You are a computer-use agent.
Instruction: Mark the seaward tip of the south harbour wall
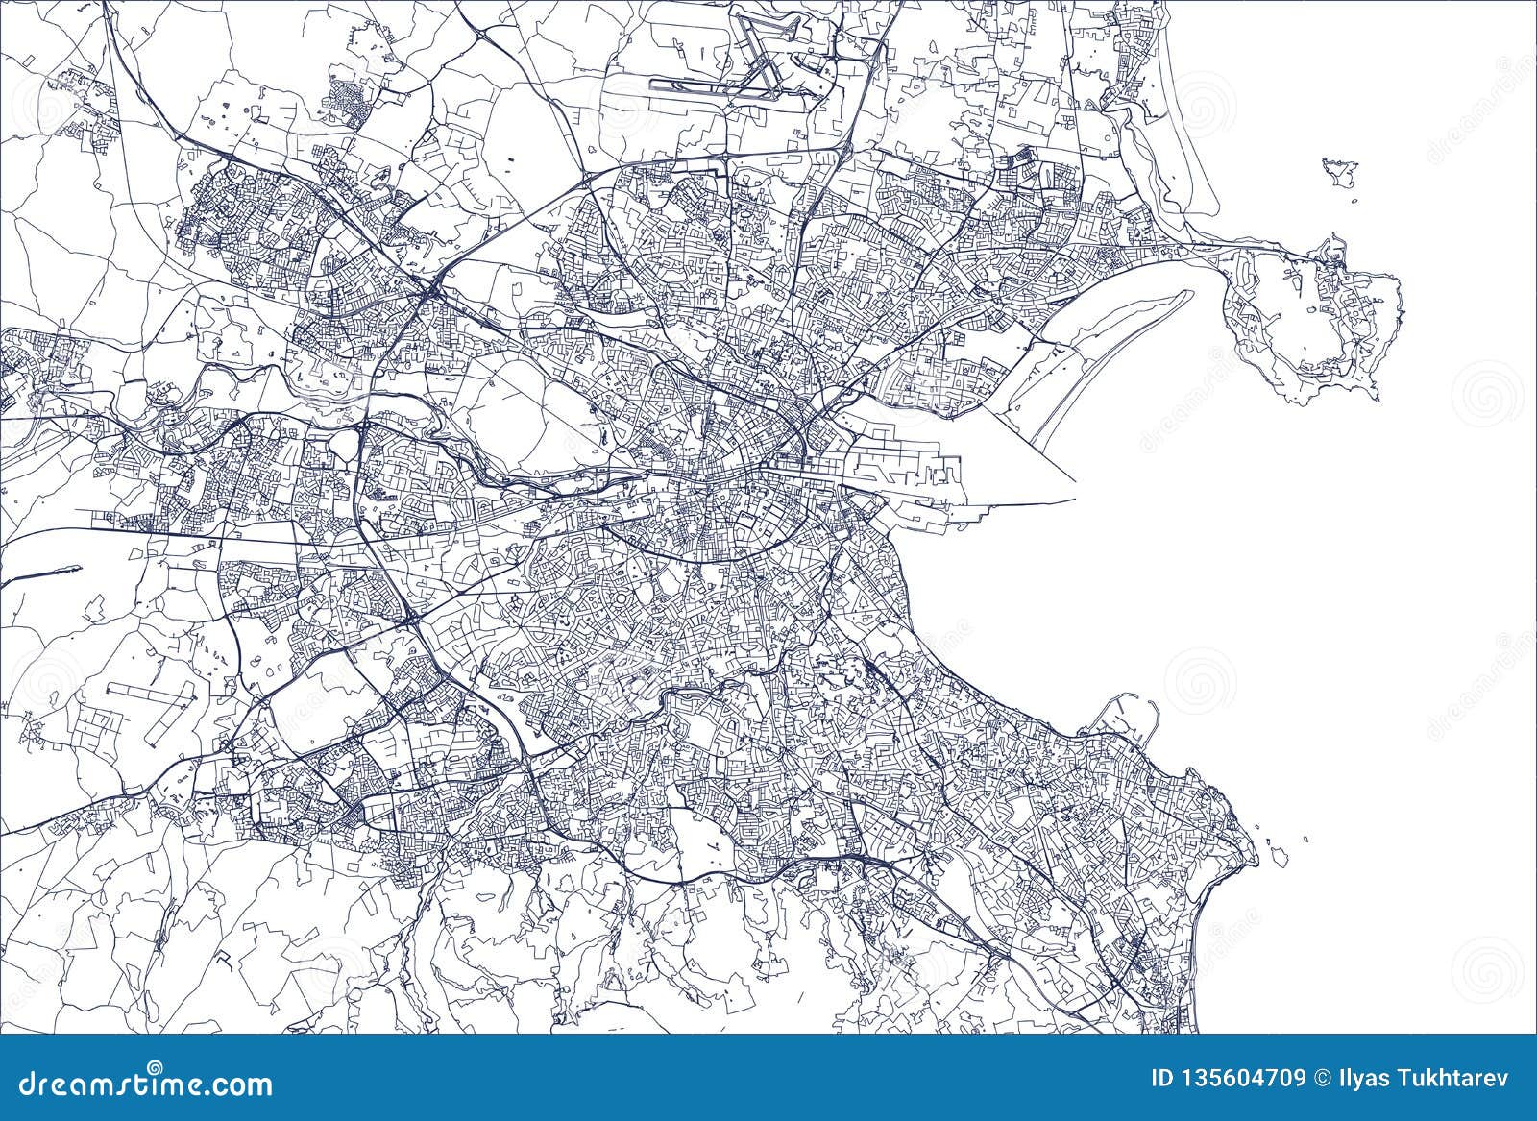click(1072, 500)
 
